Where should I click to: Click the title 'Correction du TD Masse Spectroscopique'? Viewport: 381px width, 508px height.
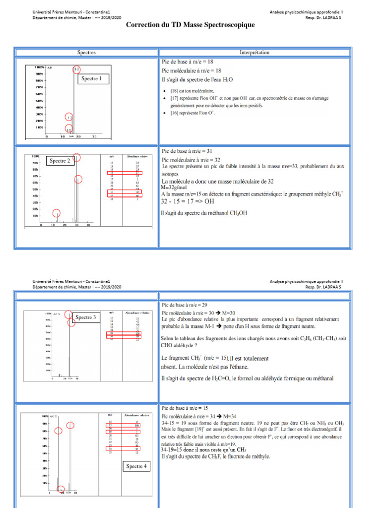point(190,25)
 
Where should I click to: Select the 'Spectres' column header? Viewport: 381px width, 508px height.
point(86,52)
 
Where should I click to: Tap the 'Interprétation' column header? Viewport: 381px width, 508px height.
point(254,52)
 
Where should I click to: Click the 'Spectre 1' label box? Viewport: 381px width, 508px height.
point(91,78)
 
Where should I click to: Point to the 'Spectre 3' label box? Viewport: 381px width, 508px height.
point(88,317)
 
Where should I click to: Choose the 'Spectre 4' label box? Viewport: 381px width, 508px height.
point(136,466)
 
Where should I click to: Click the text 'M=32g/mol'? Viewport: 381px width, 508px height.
point(175,189)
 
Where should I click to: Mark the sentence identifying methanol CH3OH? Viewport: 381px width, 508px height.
point(204,213)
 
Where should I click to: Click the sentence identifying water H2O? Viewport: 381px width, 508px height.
point(196,79)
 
